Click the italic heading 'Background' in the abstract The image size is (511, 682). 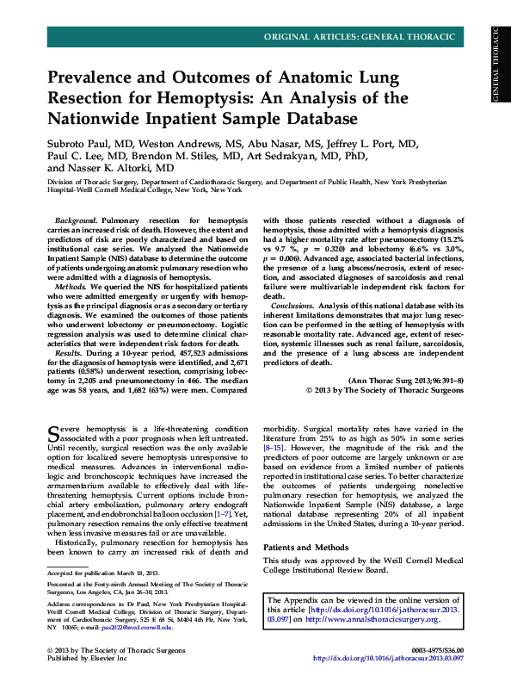(x=77, y=222)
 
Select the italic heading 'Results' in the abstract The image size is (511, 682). (x=69, y=353)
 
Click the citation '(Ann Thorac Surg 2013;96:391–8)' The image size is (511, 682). (x=405, y=380)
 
